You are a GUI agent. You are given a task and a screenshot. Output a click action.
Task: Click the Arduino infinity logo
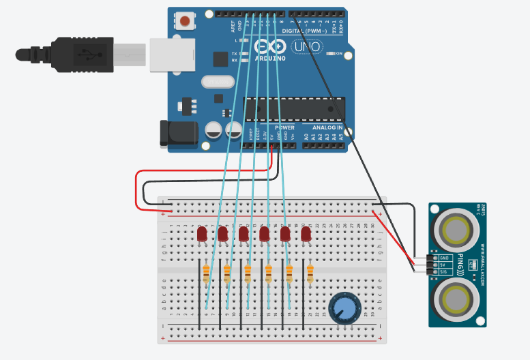point(267,46)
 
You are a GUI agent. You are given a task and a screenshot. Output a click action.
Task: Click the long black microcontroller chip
point(293,108)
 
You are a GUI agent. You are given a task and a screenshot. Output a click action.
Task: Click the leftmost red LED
point(202,235)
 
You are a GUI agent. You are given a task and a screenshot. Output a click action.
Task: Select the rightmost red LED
point(306,235)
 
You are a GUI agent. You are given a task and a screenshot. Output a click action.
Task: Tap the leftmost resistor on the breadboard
point(206,274)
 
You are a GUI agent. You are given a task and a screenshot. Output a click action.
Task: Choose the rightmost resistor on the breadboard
point(310,274)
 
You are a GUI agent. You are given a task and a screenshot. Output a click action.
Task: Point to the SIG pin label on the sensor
point(444,272)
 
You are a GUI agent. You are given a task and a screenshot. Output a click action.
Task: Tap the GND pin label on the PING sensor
point(444,258)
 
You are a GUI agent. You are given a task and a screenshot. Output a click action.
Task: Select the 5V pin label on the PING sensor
point(443,265)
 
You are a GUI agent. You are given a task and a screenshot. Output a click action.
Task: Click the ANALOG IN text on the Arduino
point(327,127)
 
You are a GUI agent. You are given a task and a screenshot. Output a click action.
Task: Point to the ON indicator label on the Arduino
point(338,53)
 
